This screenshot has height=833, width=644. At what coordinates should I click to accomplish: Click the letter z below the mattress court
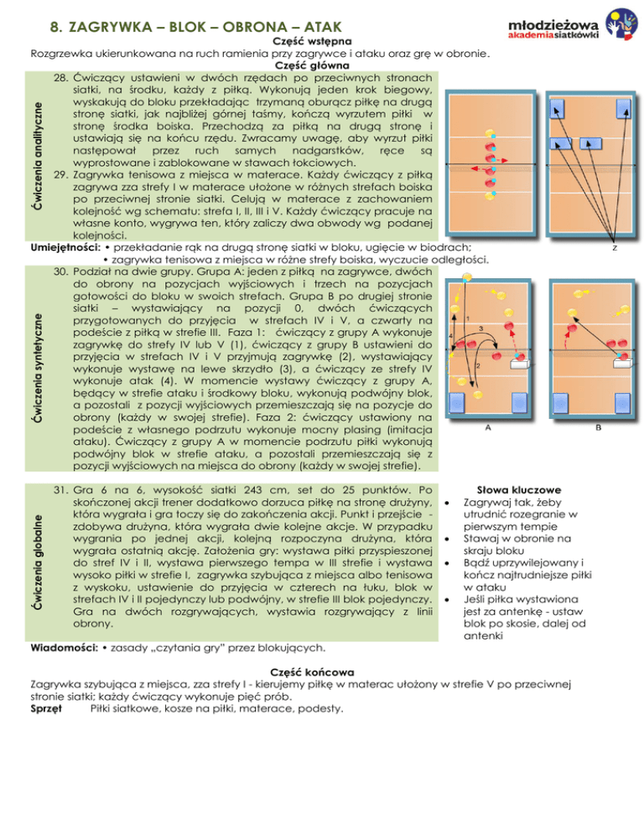click(x=616, y=248)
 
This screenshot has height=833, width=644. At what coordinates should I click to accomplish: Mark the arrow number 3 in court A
click(x=479, y=328)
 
